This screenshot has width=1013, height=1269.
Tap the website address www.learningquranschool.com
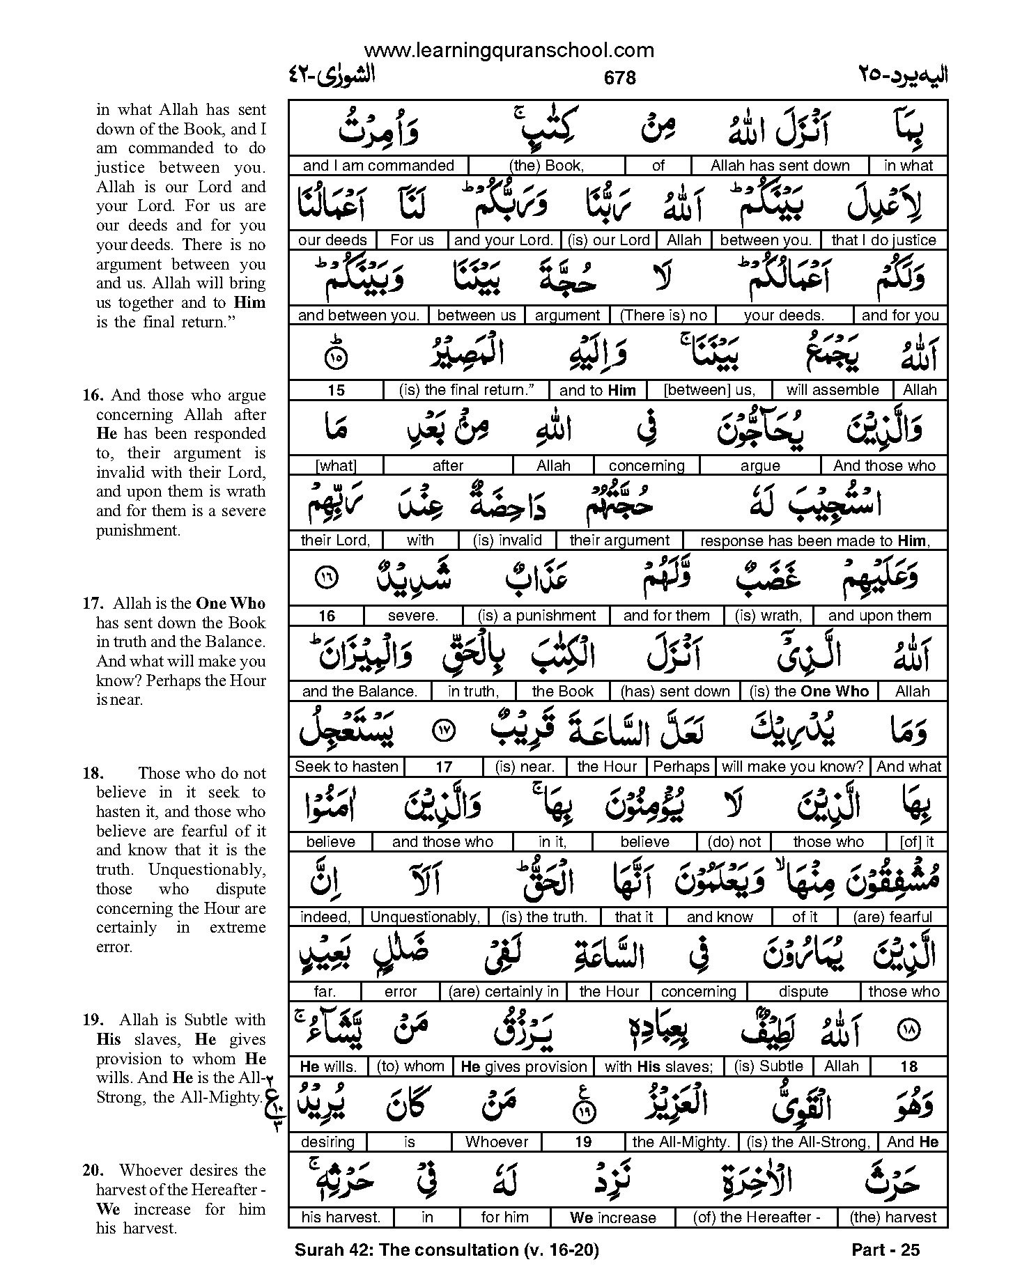click(x=509, y=50)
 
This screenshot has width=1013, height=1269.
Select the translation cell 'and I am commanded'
click(x=378, y=166)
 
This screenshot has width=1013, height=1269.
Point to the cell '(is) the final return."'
click(x=466, y=390)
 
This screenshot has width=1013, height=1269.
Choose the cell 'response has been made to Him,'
click(x=814, y=540)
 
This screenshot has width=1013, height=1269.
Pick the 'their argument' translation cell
click(x=619, y=540)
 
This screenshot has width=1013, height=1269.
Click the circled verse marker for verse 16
click(x=326, y=577)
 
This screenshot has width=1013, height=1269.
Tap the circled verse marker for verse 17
click(x=443, y=730)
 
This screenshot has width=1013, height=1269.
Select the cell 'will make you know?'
click(x=792, y=767)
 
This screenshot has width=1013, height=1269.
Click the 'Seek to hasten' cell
click(x=346, y=767)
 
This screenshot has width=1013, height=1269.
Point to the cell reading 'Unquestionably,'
click(x=425, y=917)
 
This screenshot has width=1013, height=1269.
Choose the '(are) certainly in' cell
click(x=504, y=992)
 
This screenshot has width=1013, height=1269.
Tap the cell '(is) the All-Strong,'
click(x=808, y=1142)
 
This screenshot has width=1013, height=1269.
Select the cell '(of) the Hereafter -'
click(x=756, y=1217)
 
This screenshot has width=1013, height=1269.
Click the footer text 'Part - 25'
click(x=886, y=1250)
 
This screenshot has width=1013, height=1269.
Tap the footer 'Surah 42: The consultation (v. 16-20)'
click(x=447, y=1250)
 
